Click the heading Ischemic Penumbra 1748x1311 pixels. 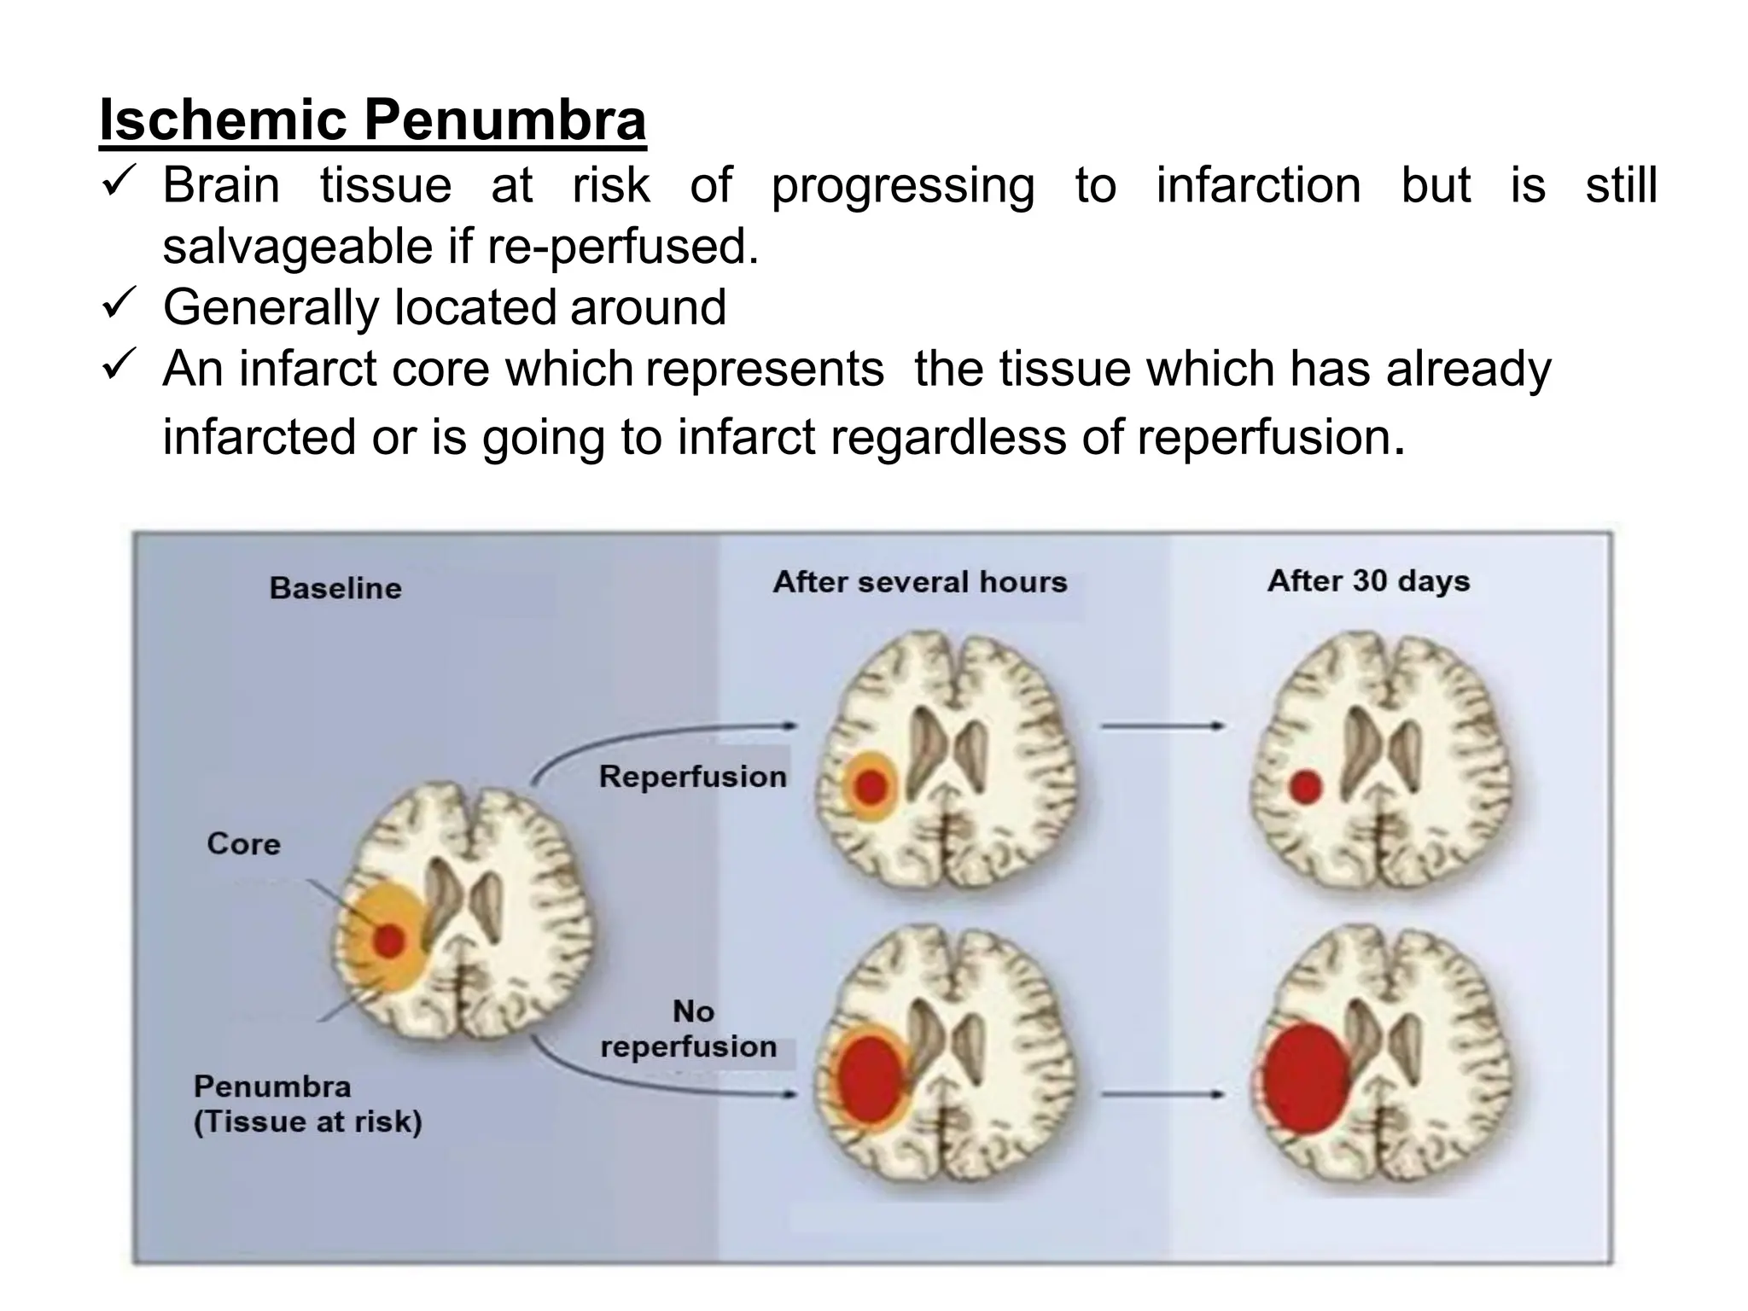[372, 120]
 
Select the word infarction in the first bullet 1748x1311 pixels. [1258, 185]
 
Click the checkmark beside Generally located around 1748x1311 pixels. [115, 305]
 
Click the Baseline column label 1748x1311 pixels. [335, 588]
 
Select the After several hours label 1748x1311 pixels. [920, 582]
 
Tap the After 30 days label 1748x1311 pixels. [1368, 581]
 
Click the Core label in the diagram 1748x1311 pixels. [243, 844]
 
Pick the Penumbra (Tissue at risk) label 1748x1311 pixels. [308, 1104]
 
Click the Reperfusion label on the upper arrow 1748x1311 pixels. [692, 777]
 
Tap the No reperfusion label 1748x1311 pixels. [690, 1029]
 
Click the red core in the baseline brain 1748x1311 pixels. [389, 941]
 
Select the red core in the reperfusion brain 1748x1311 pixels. [871, 786]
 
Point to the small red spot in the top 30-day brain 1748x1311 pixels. [1305, 786]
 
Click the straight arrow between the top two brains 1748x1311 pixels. [1162, 726]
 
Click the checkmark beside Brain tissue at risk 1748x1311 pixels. [115, 183]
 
